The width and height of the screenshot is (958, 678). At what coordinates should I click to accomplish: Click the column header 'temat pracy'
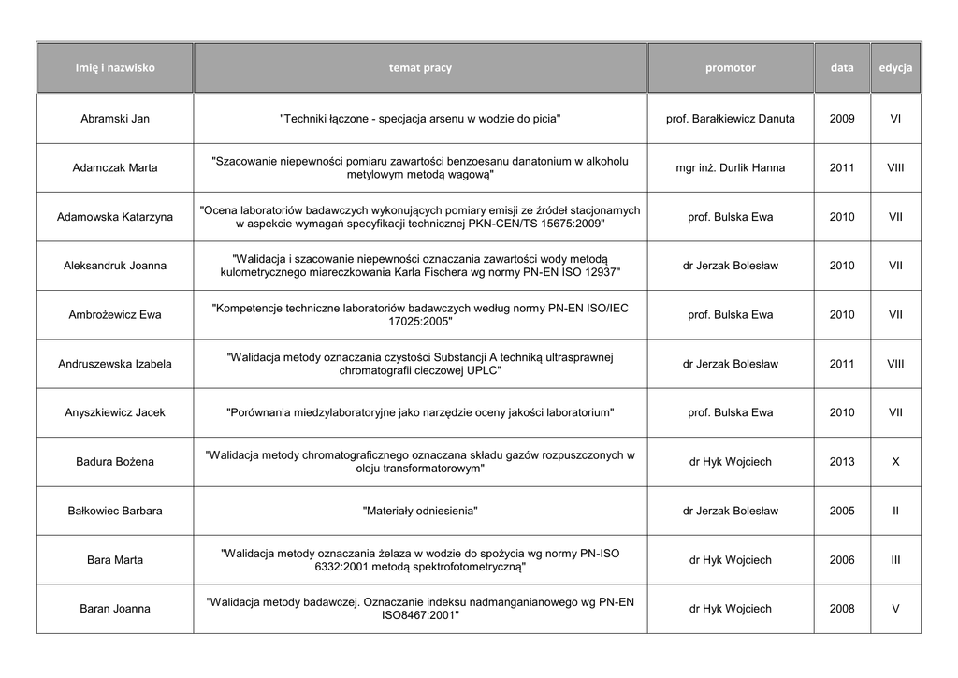point(420,68)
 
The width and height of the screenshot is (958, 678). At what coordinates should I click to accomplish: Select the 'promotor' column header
point(730,68)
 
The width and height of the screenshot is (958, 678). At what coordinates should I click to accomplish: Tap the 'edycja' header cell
point(895,68)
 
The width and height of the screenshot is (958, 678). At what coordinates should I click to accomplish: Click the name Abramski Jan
point(115,119)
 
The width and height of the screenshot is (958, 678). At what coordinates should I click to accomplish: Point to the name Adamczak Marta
point(115,168)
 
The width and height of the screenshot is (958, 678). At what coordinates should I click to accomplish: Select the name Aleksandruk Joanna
point(115,266)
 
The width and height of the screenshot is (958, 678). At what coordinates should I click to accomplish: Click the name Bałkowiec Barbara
point(115,511)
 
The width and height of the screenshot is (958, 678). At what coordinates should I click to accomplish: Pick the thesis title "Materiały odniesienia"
point(420,511)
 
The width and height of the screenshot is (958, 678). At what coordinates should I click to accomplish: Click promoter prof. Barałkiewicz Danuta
point(730,119)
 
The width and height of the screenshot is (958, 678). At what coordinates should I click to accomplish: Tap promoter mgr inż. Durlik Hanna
point(730,168)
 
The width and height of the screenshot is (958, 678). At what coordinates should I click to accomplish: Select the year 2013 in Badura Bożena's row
point(841,461)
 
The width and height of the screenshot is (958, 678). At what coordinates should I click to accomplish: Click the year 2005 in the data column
point(841,511)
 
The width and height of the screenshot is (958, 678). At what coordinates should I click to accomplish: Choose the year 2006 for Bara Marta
point(841,560)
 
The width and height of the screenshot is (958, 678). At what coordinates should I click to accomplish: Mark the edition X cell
point(895,461)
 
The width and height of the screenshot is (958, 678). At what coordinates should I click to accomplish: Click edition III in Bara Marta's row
point(895,560)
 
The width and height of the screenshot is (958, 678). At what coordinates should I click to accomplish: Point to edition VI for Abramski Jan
point(895,119)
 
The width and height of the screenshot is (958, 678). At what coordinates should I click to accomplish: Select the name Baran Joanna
point(115,609)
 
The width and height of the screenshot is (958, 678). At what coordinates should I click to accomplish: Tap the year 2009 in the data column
point(841,119)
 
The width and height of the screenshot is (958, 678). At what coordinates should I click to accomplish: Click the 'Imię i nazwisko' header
point(115,68)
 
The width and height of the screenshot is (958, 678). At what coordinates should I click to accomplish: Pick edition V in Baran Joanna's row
point(895,609)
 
